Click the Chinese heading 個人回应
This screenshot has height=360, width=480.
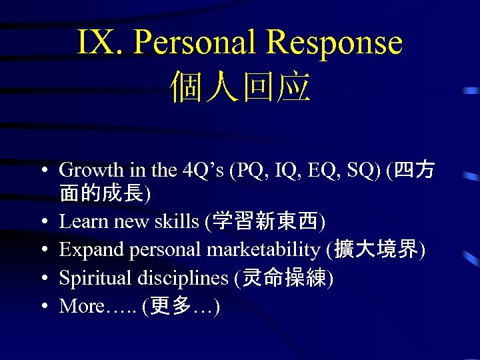point(240,87)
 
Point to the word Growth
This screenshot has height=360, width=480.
point(89,171)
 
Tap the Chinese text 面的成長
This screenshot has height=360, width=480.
point(103,193)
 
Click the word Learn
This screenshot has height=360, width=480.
point(81,221)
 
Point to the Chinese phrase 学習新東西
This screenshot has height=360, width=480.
point(267,221)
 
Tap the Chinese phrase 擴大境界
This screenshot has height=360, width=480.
point(377,249)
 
